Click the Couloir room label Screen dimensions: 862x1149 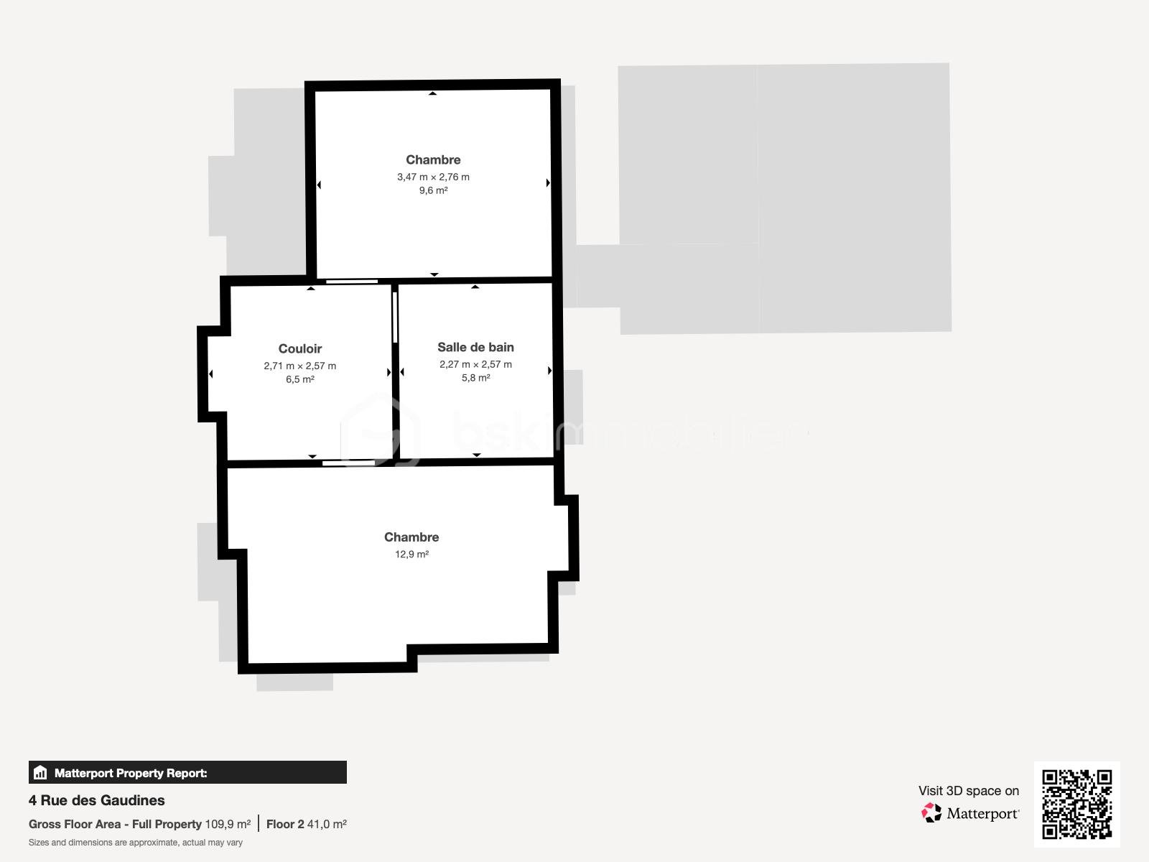pos(299,349)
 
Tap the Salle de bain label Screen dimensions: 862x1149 pos(475,348)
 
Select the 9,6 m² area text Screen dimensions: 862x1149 pos(433,190)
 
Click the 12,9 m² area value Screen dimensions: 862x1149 pos(411,554)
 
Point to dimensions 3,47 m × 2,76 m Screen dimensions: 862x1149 pos(433,177)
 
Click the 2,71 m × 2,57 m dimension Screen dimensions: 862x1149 pos(299,366)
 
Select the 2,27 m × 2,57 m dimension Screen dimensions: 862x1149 pos(475,364)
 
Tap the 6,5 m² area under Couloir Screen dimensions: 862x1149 pos(299,379)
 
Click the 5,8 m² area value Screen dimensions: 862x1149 pos(475,378)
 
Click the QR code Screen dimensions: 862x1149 pos(1076,804)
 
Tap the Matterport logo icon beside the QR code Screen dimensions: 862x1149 pos(931,813)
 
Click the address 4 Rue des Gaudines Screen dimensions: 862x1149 pos(97,800)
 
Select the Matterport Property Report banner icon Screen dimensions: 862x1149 pos(40,773)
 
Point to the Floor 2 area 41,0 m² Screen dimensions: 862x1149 pos(307,824)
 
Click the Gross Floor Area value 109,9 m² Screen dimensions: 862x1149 pos(228,824)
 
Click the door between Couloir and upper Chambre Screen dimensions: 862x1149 pos(352,282)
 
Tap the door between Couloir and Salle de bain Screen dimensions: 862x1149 pos(395,317)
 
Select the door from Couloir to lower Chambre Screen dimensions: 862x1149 pos(348,463)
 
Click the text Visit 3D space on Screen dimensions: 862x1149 pos(968,791)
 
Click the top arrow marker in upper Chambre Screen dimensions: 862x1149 pos(432,93)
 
